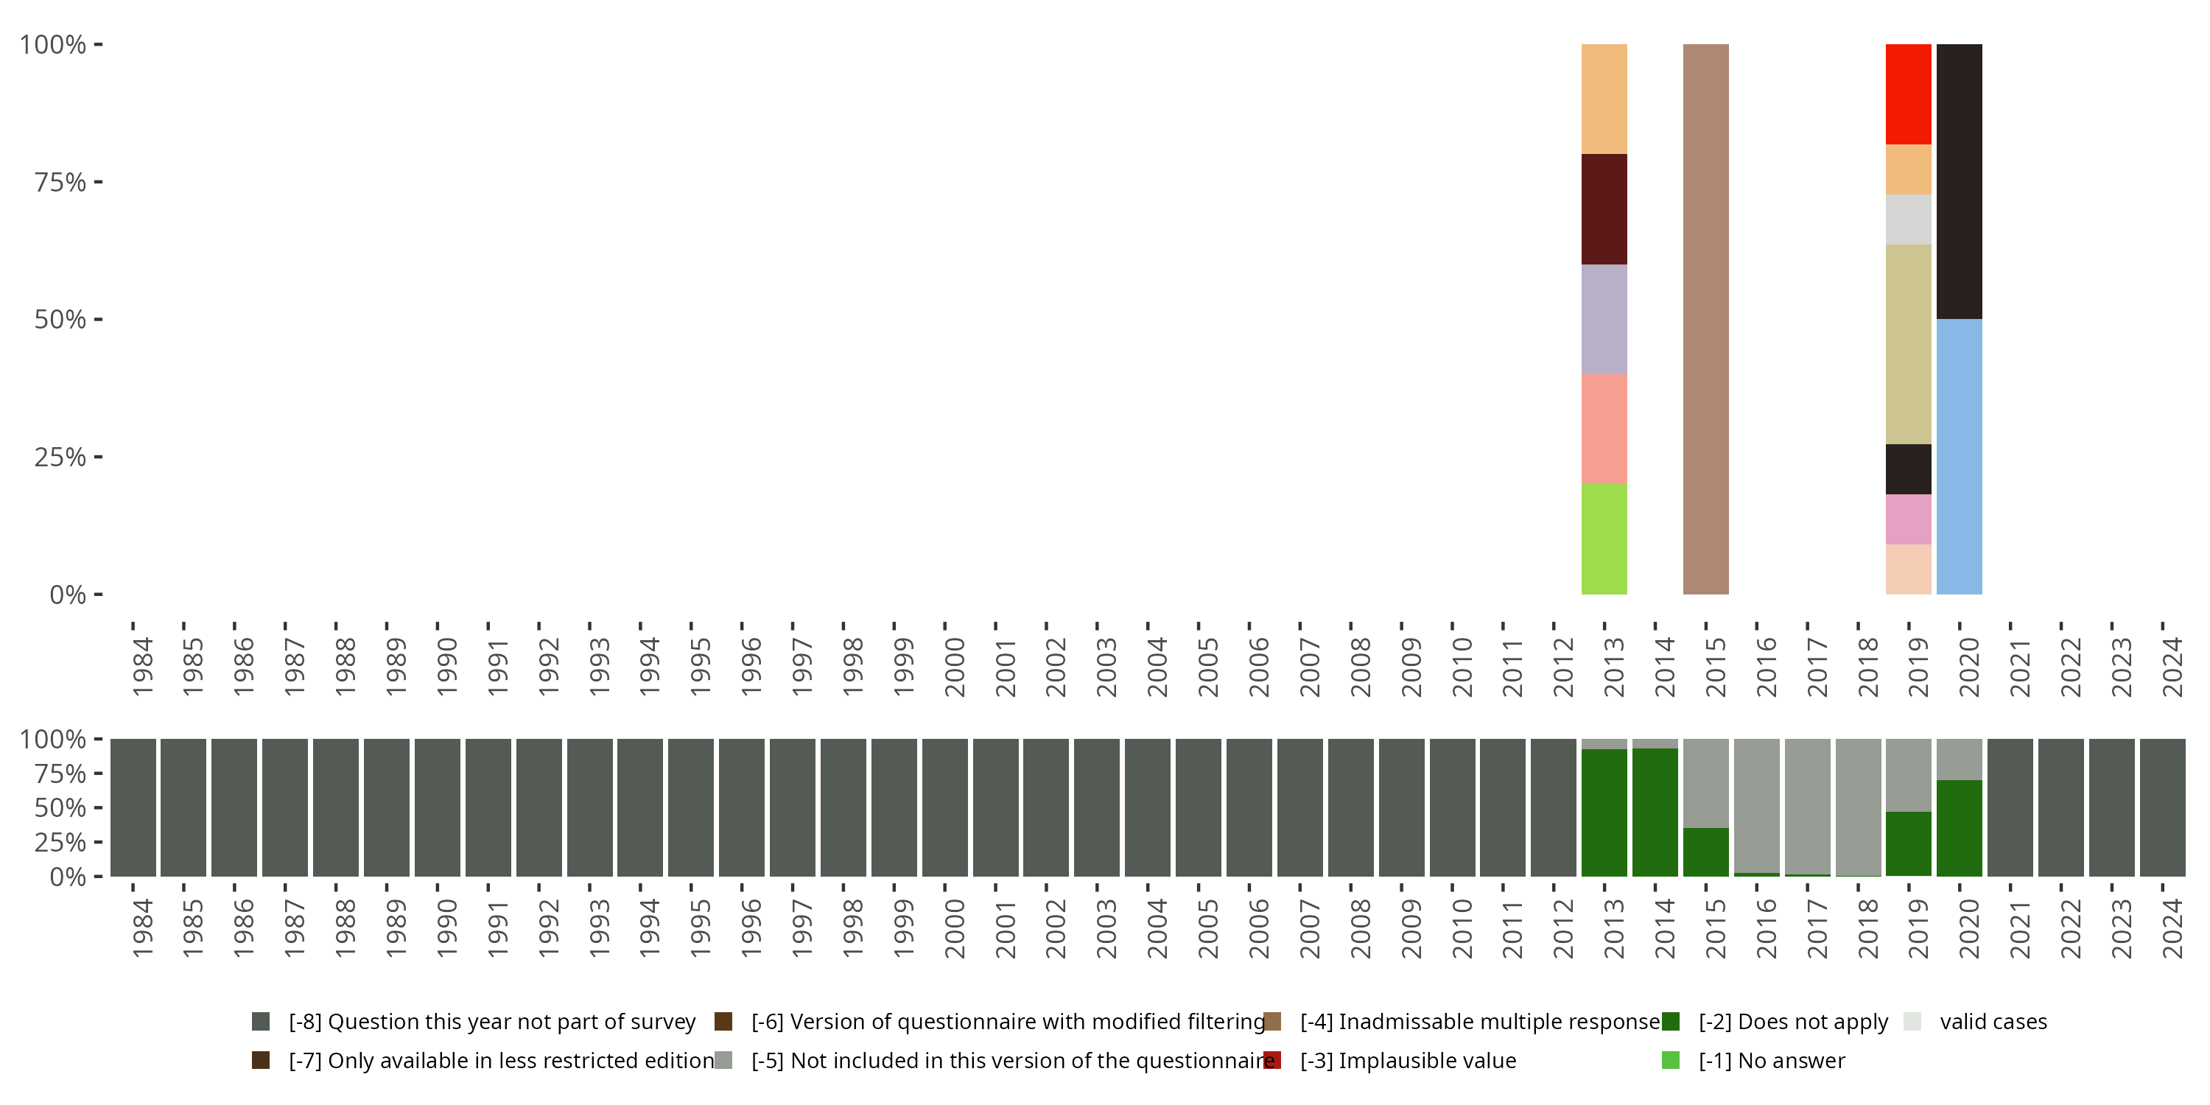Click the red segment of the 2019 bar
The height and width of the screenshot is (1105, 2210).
pos(1908,94)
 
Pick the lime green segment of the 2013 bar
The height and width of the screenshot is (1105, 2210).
pos(1604,539)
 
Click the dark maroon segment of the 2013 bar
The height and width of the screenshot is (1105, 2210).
pos(1604,208)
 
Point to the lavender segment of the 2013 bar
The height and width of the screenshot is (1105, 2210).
pos(1604,319)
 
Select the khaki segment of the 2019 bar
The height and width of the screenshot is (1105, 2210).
pos(1908,344)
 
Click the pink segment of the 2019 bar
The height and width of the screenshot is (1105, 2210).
pos(1908,519)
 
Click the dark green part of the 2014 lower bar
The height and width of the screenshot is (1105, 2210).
pos(1655,813)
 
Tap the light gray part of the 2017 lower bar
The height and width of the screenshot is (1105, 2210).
pos(1807,807)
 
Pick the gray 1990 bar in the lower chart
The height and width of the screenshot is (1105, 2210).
pos(437,807)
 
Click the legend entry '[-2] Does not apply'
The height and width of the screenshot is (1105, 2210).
pos(1793,1022)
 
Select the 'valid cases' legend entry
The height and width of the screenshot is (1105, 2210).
pos(1993,1022)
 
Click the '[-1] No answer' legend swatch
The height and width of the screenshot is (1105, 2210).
pos(1670,1060)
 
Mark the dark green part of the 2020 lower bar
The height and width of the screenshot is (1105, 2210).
pos(1959,828)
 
